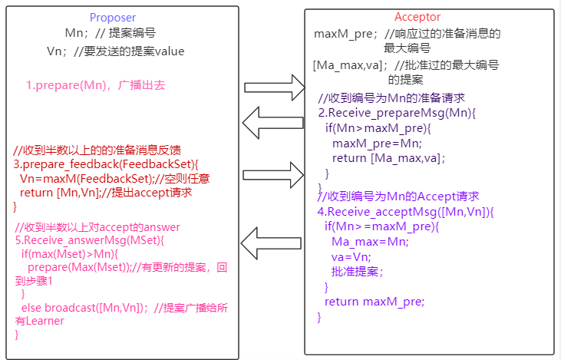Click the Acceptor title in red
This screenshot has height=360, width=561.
pos(418,17)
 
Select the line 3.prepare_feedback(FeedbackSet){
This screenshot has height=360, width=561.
pos(106,164)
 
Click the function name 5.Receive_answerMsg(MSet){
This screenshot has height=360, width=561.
pos(90,239)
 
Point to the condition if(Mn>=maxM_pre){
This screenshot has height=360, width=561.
pos(381,226)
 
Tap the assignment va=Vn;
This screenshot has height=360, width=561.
pos(351,256)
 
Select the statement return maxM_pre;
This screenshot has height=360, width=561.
pos(374,302)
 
